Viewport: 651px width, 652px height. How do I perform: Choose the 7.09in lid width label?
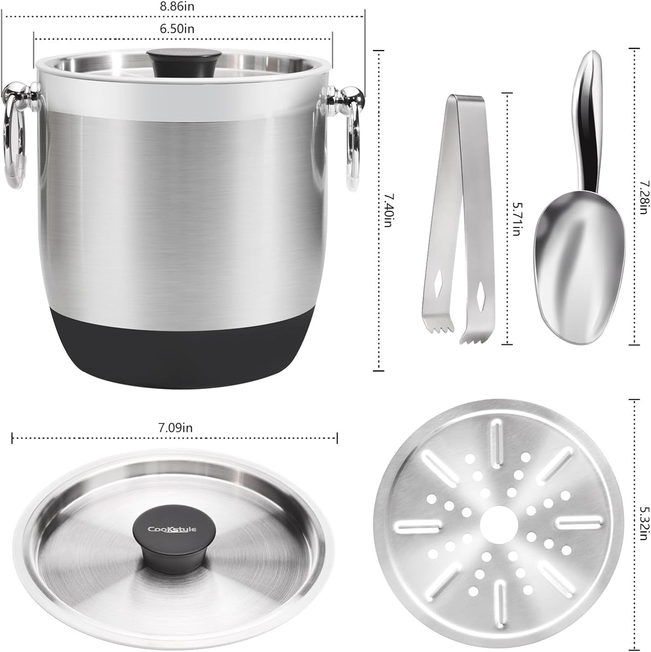coord(175,428)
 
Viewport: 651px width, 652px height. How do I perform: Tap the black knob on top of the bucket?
coord(186,63)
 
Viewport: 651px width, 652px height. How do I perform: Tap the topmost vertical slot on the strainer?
coord(497,438)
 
